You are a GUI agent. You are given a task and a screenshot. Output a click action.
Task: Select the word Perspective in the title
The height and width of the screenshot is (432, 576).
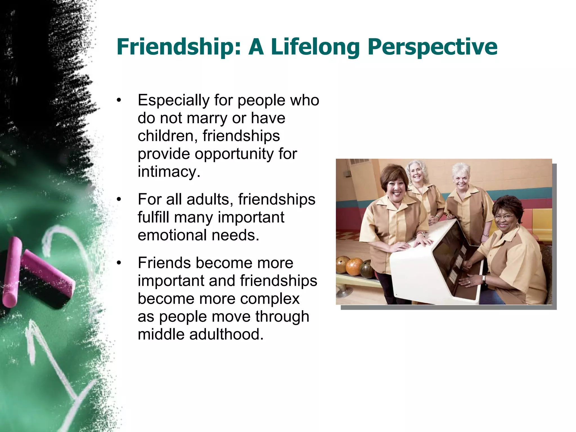click(432, 47)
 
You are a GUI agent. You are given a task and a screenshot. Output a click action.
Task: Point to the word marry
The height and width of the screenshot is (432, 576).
click(207, 118)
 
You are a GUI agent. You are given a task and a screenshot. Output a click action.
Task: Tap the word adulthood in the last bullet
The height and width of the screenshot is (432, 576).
click(226, 334)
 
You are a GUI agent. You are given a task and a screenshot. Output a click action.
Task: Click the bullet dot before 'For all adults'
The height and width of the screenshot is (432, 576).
click(119, 200)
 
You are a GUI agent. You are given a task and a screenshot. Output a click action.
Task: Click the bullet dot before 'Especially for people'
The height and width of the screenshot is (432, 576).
click(119, 100)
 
